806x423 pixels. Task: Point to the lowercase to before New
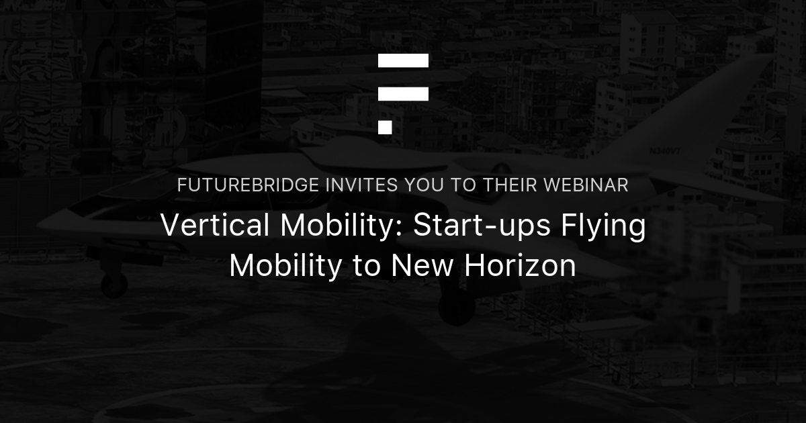click(x=367, y=267)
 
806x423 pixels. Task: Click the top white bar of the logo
click(x=403, y=61)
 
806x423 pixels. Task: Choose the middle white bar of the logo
click(x=403, y=94)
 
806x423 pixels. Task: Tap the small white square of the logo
click(x=385, y=128)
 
